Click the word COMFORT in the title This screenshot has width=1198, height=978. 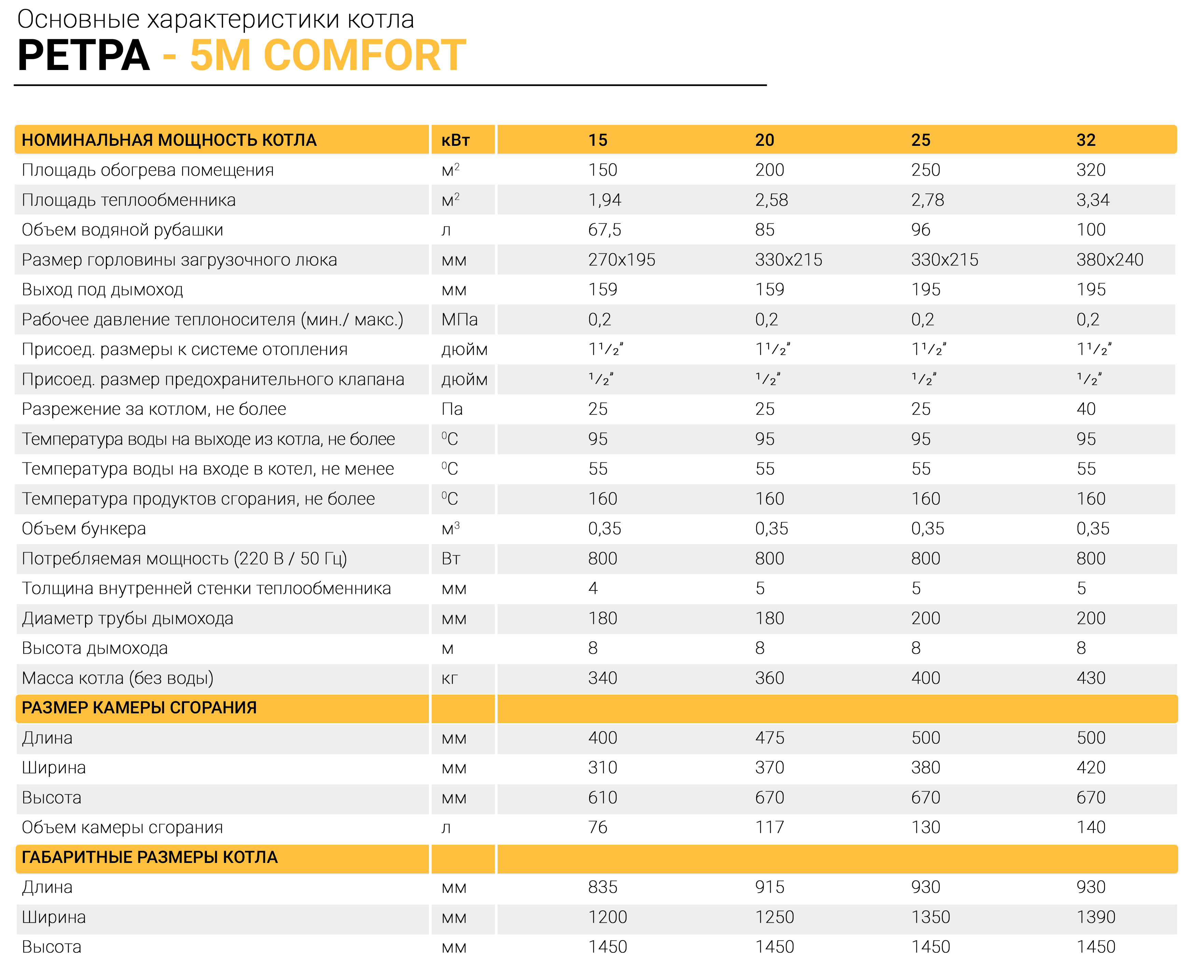pyautogui.click(x=365, y=55)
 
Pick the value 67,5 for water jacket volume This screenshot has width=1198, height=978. pyautogui.click(x=605, y=230)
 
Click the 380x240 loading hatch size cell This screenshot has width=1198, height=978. pyautogui.click(x=1110, y=260)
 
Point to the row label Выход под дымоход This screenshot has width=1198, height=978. pyautogui.click(x=102, y=290)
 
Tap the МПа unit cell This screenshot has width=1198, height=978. pyautogui.click(x=459, y=319)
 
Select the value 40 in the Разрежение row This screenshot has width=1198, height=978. pyautogui.click(x=1086, y=409)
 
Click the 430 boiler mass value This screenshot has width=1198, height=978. pyautogui.click(x=1091, y=678)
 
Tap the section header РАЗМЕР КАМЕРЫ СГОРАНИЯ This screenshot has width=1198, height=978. pyautogui.click(x=139, y=708)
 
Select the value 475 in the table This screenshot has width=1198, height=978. pyautogui.click(x=770, y=738)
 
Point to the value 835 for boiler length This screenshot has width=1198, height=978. pyautogui.click(x=603, y=887)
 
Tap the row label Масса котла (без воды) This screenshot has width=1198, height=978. pyautogui.click(x=118, y=678)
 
